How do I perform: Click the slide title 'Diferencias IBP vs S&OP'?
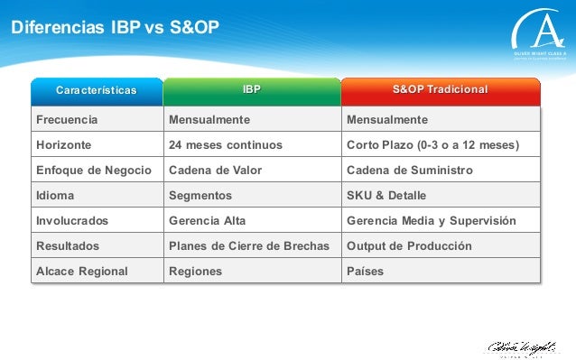pyautogui.click(x=115, y=30)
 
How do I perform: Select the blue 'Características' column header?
pyautogui.click(x=97, y=90)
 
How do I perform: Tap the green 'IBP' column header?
pyautogui.click(x=252, y=90)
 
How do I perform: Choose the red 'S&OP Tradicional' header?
pyautogui.click(x=441, y=90)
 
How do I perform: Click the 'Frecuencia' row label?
pyautogui.click(x=66, y=119)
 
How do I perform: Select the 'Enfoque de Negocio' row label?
pyautogui.click(x=93, y=170)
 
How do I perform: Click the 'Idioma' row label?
pyautogui.click(x=55, y=195)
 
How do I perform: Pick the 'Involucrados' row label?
pyautogui.click(x=71, y=220)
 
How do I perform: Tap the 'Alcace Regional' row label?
pyautogui.click(x=81, y=271)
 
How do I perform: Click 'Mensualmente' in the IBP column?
pyautogui.click(x=209, y=119)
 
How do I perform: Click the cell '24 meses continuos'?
pyautogui.click(x=226, y=144)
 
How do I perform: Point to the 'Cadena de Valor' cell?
pyautogui.click(x=215, y=170)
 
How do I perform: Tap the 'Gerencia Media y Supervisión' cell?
pyautogui.click(x=431, y=220)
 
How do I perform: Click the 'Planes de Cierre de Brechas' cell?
pyautogui.click(x=251, y=245)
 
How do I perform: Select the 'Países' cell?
pyautogui.click(x=365, y=271)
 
